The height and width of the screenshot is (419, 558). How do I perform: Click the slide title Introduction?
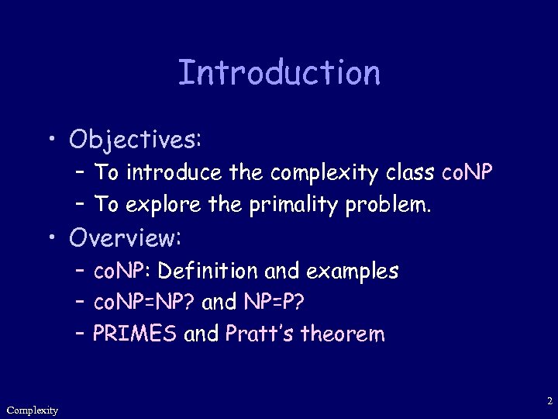coord(279,74)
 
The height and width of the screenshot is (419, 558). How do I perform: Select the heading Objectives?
coord(136,139)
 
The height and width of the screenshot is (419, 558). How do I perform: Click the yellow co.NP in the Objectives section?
coord(465,173)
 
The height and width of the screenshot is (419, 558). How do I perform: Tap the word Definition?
coord(208,272)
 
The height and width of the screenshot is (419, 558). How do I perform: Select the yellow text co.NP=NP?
coord(144,303)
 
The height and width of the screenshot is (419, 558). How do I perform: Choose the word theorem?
coord(342,334)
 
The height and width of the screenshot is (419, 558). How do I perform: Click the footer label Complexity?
coord(32,410)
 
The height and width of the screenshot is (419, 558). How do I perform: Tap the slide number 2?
coord(549,402)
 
